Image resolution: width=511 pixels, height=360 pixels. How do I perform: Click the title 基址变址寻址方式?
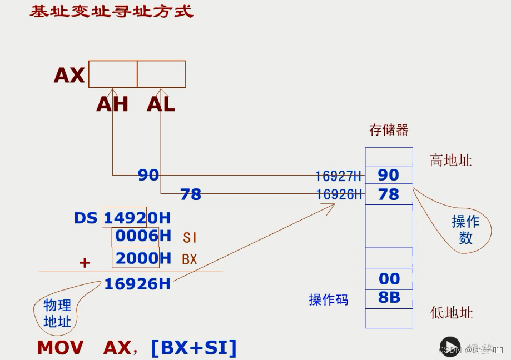point(111,11)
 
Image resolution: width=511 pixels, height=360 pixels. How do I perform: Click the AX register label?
point(70,75)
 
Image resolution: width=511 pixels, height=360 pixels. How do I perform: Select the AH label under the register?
point(112,104)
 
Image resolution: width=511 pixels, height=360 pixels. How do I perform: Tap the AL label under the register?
point(161,104)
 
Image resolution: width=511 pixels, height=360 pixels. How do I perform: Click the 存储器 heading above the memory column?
point(389,130)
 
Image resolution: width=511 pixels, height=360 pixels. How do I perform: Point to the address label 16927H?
point(338,176)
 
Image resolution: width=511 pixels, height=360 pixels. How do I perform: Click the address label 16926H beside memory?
point(339,194)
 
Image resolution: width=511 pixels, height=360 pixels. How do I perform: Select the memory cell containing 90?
point(389,175)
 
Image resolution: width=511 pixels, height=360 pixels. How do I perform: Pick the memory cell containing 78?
point(389,194)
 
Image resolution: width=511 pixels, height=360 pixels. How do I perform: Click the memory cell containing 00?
point(389,278)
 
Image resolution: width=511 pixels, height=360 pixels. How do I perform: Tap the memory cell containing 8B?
point(389,297)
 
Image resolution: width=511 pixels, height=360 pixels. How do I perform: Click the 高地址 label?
point(450,161)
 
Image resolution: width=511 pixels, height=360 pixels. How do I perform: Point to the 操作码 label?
point(328,300)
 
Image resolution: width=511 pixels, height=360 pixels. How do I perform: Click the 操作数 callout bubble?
point(465,229)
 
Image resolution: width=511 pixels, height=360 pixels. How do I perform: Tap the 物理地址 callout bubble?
point(57,313)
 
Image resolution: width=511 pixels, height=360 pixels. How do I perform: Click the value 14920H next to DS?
point(137,218)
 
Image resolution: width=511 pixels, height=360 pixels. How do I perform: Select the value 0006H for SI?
point(143,236)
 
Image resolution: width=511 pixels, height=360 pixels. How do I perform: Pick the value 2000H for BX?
point(143,258)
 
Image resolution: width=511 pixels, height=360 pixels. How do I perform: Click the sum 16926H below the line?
point(137,284)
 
